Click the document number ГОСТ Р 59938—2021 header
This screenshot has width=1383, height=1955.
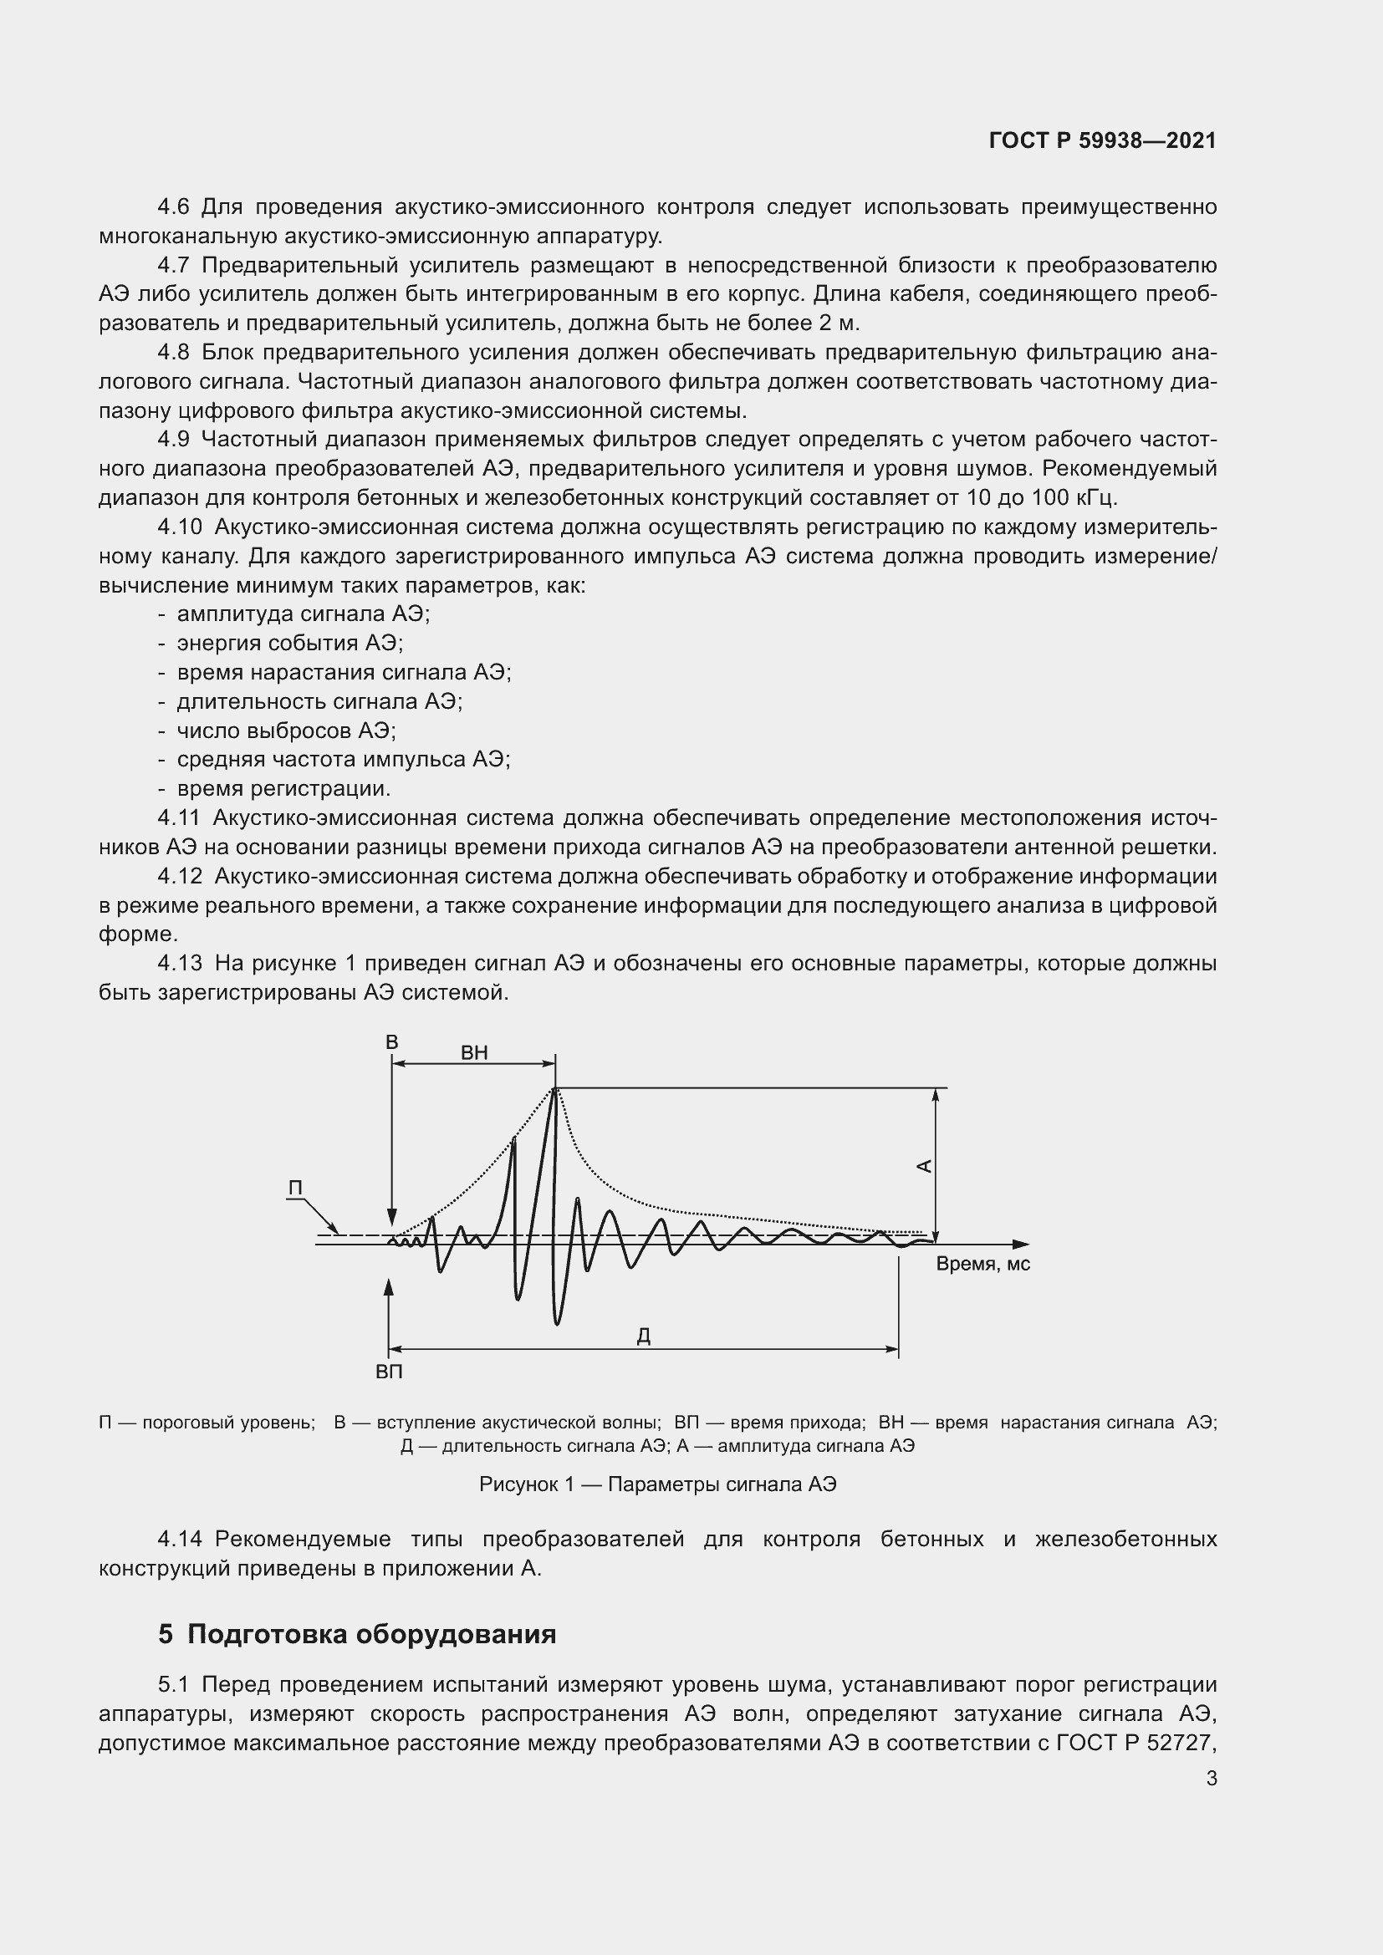click(1102, 140)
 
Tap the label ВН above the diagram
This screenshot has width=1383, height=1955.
click(474, 1052)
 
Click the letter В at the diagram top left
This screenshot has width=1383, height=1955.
click(391, 1042)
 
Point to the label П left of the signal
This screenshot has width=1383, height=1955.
click(295, 1189)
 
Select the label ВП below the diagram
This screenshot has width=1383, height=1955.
click(389, 1372)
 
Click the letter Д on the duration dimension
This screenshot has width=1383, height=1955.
click(644, 1336)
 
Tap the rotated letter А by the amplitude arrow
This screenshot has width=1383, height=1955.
click(924, 1166)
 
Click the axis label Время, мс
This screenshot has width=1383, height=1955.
click(982, 1264)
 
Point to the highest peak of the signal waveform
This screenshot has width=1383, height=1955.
click(555, 1089)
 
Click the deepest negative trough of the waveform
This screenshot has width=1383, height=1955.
click(557, 1322)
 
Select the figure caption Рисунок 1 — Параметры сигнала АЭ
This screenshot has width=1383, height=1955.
click(657, 1485)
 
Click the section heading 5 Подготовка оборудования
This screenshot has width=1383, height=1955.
click(357, 1634)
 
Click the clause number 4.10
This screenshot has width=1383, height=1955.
click(180, 527)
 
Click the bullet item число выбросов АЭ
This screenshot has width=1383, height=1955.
click(286, 731)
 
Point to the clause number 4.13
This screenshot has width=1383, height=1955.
click(180, 963)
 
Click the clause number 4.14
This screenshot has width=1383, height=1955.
click(180, 1539)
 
